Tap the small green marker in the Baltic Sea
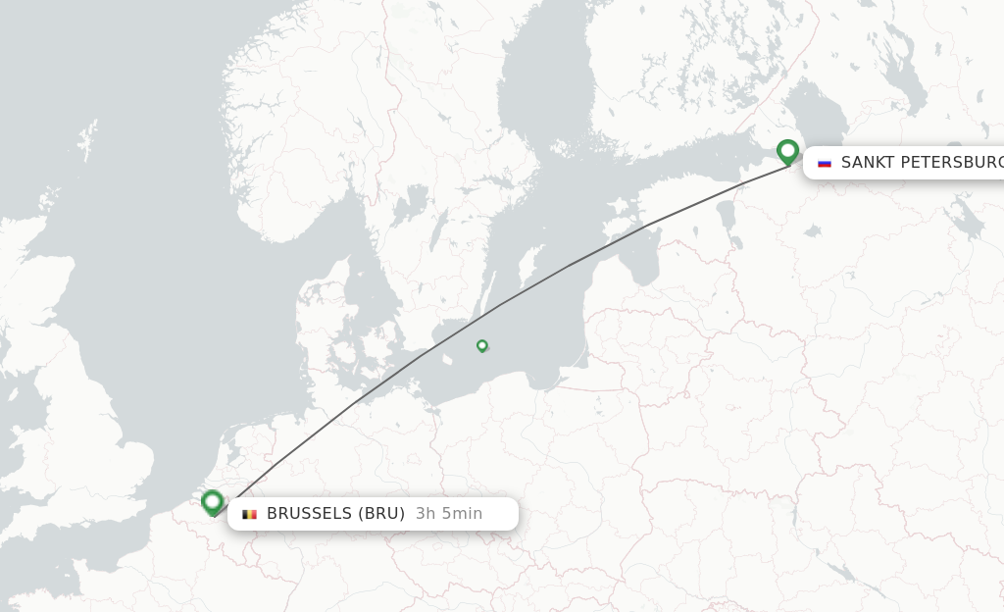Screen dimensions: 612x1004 pos(482,345)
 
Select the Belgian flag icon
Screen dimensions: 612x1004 pos(249,514)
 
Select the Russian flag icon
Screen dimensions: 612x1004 pos(825,163)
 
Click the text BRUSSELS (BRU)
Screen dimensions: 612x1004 pos(335,514)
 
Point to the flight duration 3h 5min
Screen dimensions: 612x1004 pos(448,514)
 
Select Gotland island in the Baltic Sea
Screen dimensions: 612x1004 pos(530,265)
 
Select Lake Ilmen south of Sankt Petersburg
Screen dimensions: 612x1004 pos(812,232)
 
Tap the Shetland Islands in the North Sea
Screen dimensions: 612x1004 pos(89,137)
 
